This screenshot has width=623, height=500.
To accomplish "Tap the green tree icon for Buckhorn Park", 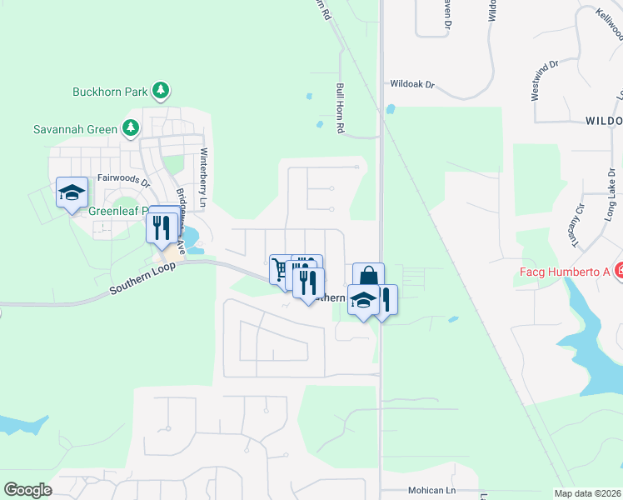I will click(x=162, y=89).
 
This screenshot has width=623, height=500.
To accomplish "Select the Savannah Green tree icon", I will click(x=130, y=128).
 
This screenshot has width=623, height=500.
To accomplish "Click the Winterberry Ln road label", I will click(x=203, y=173).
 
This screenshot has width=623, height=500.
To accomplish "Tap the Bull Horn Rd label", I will click(x=340, y=108).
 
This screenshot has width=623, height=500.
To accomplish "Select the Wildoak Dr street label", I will click(x=413, y=84).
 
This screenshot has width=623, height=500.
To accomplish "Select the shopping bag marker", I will click(x=367, y=277).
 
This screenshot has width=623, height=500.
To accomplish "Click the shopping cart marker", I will click(x=280, y=269).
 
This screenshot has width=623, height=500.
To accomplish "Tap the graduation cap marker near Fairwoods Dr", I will click(x=72, y=192).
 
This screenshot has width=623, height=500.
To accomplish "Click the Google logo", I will click(x=27, y=490).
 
